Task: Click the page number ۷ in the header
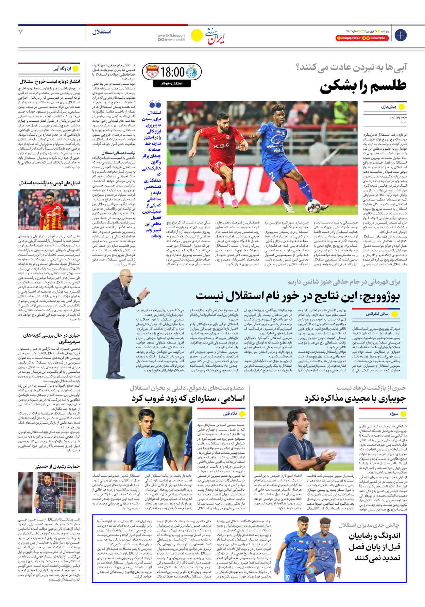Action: coord(21,32)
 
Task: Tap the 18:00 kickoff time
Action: coord(172,72)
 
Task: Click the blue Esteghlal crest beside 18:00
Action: coord(192,72)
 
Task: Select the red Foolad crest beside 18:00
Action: coord(152,72)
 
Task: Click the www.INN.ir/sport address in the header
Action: coord(171,35)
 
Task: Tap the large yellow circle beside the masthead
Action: coord(197,35)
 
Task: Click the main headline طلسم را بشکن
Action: coord(363,86)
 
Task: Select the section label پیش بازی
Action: coord(388,107)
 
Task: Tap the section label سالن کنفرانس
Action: coord(377,314)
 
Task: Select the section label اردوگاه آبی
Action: coord(62,69)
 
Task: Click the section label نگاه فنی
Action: coord(230,414)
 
